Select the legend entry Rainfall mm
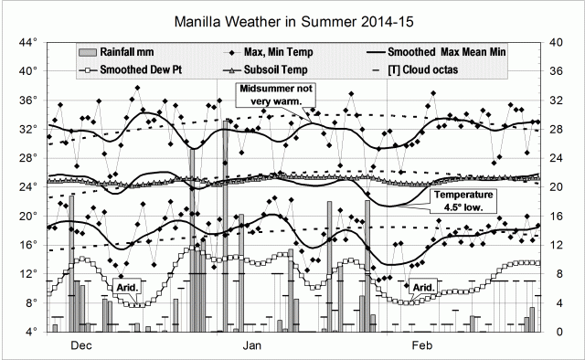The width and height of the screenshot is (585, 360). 124,53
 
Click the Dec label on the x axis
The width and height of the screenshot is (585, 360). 81,346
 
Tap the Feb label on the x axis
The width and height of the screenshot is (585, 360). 421,346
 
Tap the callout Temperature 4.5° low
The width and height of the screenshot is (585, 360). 463,201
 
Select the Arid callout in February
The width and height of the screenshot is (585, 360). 422,289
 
